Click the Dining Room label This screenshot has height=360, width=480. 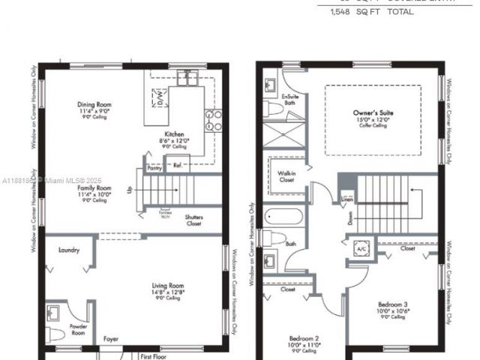(x=95, y=105)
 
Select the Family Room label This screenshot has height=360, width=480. (x=94, y=188)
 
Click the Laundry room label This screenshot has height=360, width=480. (x=68, y=250)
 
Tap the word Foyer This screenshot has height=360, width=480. (x=111, y=338)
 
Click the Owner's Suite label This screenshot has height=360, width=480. (x=373, y=112)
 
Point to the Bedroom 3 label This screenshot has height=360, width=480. (x=393, y=304)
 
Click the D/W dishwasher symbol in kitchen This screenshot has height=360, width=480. (x=160, y=98)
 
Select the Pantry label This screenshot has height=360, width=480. (x=155, y=169)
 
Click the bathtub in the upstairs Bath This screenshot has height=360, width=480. (x=286, y=220)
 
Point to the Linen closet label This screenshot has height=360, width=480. (x=346, y=199)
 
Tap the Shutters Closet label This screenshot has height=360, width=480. (x=193, y=220)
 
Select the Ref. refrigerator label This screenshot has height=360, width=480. (x=178, y=164)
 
